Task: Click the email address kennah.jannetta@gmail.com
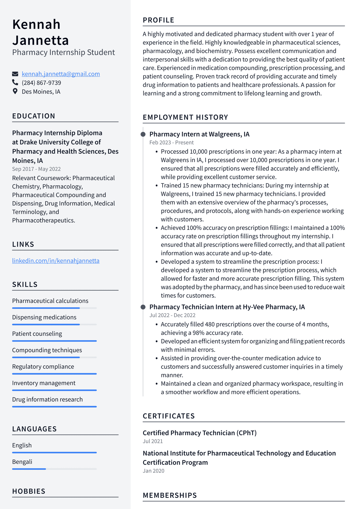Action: point(61,74)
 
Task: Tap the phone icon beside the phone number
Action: point(15,83)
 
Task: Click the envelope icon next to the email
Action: point(15,74)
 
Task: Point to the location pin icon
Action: point(15,91)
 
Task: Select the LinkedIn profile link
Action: point(56,261)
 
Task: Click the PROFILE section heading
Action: point(158,20)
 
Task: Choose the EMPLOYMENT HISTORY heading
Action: point(185,117)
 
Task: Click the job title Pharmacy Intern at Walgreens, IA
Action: point(199,134)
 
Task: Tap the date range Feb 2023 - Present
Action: point(171,143)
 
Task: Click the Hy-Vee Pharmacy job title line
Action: point(227,307)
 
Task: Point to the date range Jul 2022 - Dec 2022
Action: point(172,315)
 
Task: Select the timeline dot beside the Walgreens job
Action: point(143,134)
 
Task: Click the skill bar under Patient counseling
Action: point(54,341)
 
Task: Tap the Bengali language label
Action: point(22,462)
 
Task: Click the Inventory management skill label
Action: point(44,383)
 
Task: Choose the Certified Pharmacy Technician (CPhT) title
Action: point(200,433)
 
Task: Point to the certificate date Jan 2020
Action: point(153,471)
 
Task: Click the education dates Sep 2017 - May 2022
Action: point(36,169)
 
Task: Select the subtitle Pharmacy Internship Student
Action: point(64,52)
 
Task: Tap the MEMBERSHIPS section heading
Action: point(170,495)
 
